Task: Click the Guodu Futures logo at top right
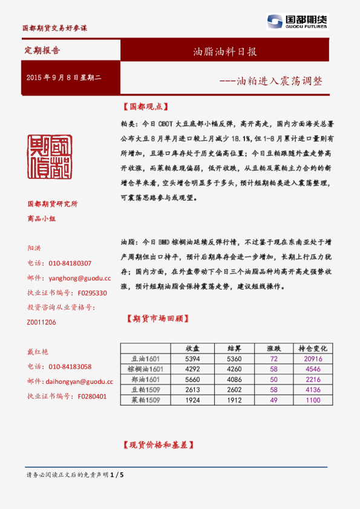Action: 297,22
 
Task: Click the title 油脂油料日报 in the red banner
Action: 224,51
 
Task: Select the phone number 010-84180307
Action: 70,264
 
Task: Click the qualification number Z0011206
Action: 42,322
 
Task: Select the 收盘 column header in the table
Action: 192,349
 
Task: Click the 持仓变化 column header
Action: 312,349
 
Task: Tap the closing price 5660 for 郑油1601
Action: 192,379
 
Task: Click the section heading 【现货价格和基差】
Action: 157,445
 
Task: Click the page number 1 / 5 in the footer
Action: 118,475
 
